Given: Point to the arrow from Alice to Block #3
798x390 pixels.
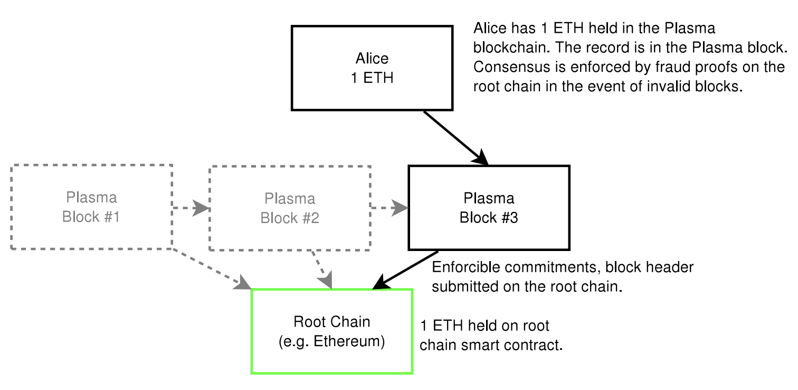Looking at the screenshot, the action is point(456,138).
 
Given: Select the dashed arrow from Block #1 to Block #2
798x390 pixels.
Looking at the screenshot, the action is point(191,208).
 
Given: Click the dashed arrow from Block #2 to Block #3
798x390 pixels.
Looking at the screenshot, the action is point(389,208).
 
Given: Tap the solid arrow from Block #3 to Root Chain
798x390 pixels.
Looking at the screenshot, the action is point(405,270).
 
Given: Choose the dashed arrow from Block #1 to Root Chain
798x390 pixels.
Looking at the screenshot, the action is point(212,269).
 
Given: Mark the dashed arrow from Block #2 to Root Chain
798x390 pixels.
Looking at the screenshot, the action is point(322,270).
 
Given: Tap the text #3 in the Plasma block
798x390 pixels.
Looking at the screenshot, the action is point(509,218).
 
